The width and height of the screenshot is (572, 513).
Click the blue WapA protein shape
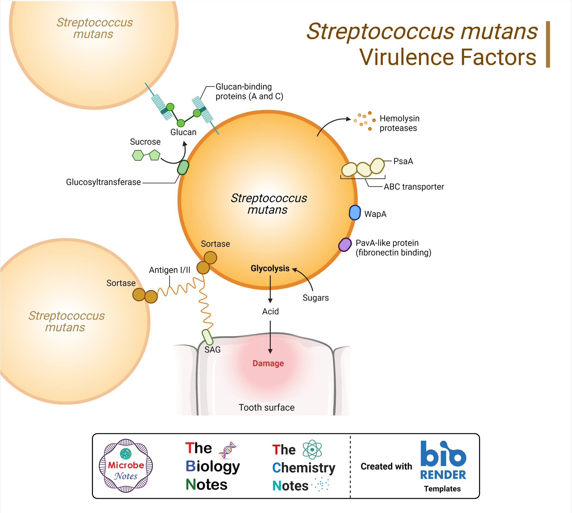pyautogui.click(x=355, y=213)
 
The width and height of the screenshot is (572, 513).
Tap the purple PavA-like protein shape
pyautogui.click(x=345, y=244)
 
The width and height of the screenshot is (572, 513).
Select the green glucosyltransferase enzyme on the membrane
pyautogui.click(x=183, y=167)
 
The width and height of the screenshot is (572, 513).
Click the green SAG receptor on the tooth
pyautogui.click(x=208, y=338)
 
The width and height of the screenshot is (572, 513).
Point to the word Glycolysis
pyautogui.click(x=270, y=268)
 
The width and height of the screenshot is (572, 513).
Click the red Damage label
pyautogui.click(x=268, y=363)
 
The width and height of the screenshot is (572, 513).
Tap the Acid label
pyautogui.click(x=271, y=312)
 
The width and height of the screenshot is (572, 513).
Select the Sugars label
pyautogui.click(x=316, y=298)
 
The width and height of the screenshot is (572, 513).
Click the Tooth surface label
pyautogui.click(x=266, y=408)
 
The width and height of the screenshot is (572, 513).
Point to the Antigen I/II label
pyautogui.click(x=170, y=270)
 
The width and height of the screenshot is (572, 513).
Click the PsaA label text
pyautogui.click(x=403, y=161)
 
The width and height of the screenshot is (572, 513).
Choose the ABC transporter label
pyautogui.click(x=414, y=187)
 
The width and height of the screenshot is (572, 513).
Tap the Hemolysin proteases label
pyautogui.click(x=400, y=123)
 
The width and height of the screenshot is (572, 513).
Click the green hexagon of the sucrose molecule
pyautogui.click(x=138, y=155)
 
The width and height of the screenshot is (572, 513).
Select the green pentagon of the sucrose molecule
pyautogui.click(x=154, y=155)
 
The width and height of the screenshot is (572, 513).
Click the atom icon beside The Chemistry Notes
pyautogui.click(x=312, y=450)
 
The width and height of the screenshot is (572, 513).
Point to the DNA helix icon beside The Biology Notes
pyautogui.click(x=228, y=450)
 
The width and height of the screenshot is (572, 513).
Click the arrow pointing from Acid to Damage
pyautogui.click(x=270, y=338)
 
